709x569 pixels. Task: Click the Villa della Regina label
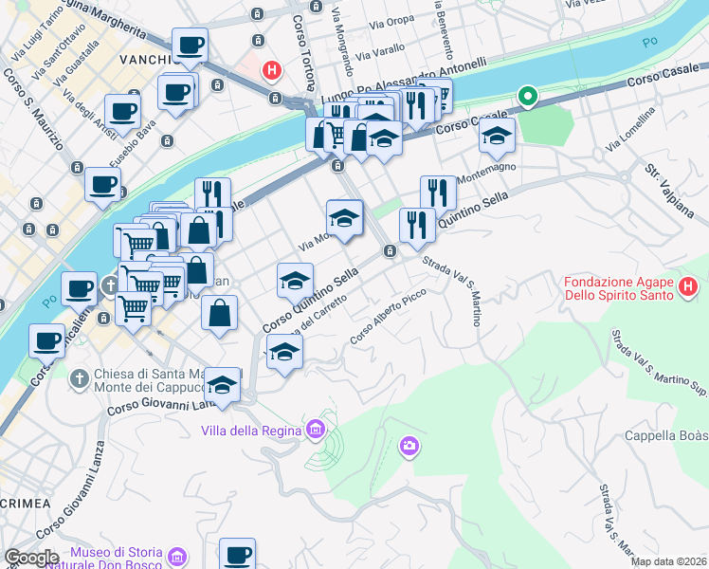coord(250,431)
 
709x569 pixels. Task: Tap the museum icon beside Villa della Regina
coord(316,431)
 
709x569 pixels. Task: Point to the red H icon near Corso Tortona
coord(272,69)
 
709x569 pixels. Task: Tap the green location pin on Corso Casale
coord(527,96)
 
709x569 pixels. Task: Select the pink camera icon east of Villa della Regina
coord(409,445)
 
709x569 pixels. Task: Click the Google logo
coord(30,557)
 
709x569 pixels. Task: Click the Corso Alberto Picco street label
coord(388,317)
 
